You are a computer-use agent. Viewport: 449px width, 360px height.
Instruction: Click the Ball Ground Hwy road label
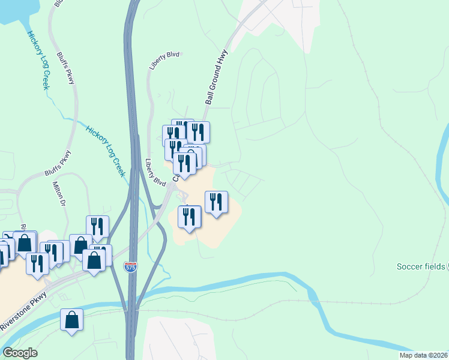pos(218,77)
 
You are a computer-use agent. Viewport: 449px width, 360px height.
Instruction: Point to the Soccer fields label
pos(421,266)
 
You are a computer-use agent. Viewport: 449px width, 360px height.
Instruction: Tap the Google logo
pos(20,353)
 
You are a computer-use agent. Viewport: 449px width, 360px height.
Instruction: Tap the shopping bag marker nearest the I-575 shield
pos(94,261)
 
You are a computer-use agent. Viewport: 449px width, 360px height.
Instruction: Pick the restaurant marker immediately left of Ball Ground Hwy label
pos(197,132)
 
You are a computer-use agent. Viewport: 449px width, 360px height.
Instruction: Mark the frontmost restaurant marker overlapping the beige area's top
pos(185,164)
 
